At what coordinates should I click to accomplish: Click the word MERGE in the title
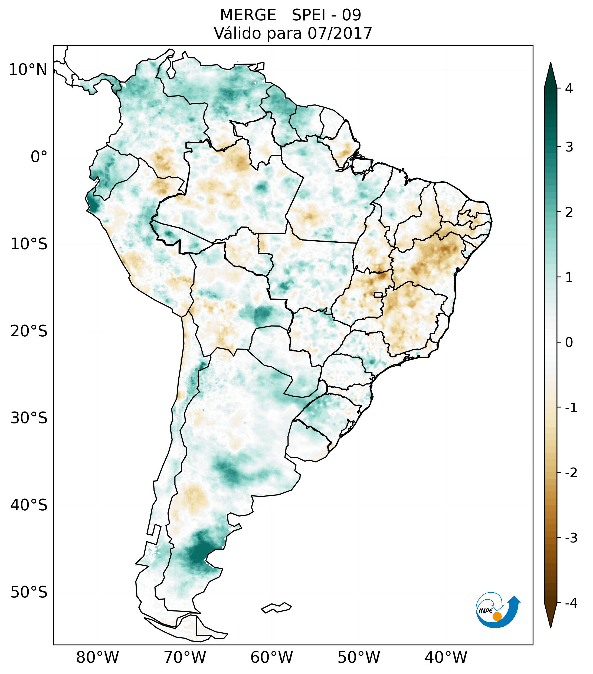click(x=248, y=15)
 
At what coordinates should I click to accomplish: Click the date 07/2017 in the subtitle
click(x=340, y=33)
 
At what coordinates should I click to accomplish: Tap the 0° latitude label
click(x=39, y=157)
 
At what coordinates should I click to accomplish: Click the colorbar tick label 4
click(x=569, y=88)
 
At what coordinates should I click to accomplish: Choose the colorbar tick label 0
click(x=569, y=343)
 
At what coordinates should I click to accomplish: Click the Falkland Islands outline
click(x=276, y=607)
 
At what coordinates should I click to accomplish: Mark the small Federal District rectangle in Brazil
click(x=378, y=294)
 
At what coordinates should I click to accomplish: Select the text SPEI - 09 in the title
click(x=326, y=15)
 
